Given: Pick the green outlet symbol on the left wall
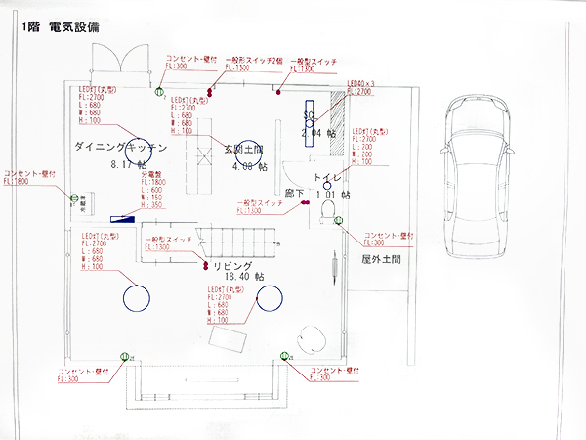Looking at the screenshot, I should [73, 200].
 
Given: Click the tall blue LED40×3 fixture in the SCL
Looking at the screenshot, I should [310, 122].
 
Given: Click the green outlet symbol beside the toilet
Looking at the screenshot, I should [339, 219].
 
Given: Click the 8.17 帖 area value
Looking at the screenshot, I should [133, 165].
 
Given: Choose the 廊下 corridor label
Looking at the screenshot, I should [294, 195].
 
